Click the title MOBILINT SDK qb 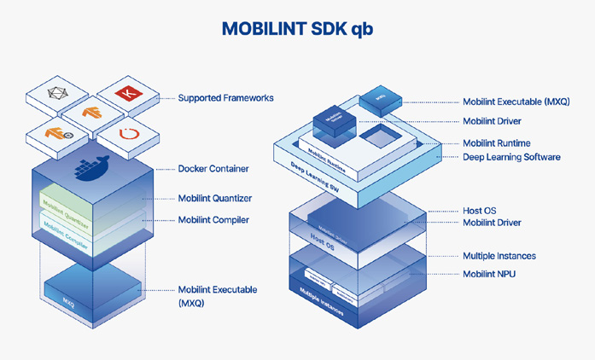point(297,28)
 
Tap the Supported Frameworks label point(225,98)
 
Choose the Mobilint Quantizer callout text point(214,199)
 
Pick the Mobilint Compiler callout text point(213,220)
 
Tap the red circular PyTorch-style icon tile point(128,134)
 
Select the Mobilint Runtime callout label point(496,143)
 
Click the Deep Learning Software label point(511,157)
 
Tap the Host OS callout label point(479,210)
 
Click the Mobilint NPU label point(488,274)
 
